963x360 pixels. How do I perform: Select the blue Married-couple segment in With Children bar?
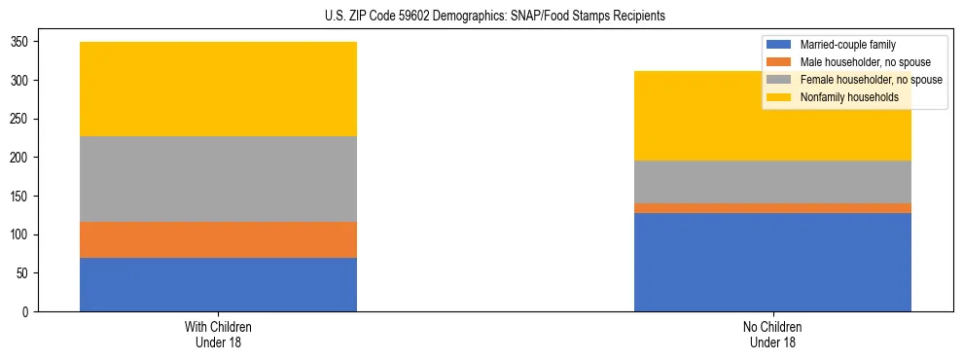tap(218, 284)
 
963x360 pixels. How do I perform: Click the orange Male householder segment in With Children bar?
tap(218, 239)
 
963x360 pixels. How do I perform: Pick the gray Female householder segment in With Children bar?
tap(218, 179)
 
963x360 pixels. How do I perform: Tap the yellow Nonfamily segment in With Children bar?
tap(218, 89)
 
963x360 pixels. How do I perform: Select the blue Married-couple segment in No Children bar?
tap(772, 262)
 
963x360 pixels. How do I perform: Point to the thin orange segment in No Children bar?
tap(772, 207)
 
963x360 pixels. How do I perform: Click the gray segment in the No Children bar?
tap(772, 182)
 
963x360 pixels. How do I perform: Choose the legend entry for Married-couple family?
tap(847, 45)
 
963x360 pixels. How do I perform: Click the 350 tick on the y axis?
tap(20, 42)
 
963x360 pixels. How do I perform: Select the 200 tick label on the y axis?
tap(20, 158)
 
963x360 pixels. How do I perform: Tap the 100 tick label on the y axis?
tap(20, 234)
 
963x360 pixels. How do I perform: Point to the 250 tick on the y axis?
tap(20, 119)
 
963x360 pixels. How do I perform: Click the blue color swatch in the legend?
tap(780, 45)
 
